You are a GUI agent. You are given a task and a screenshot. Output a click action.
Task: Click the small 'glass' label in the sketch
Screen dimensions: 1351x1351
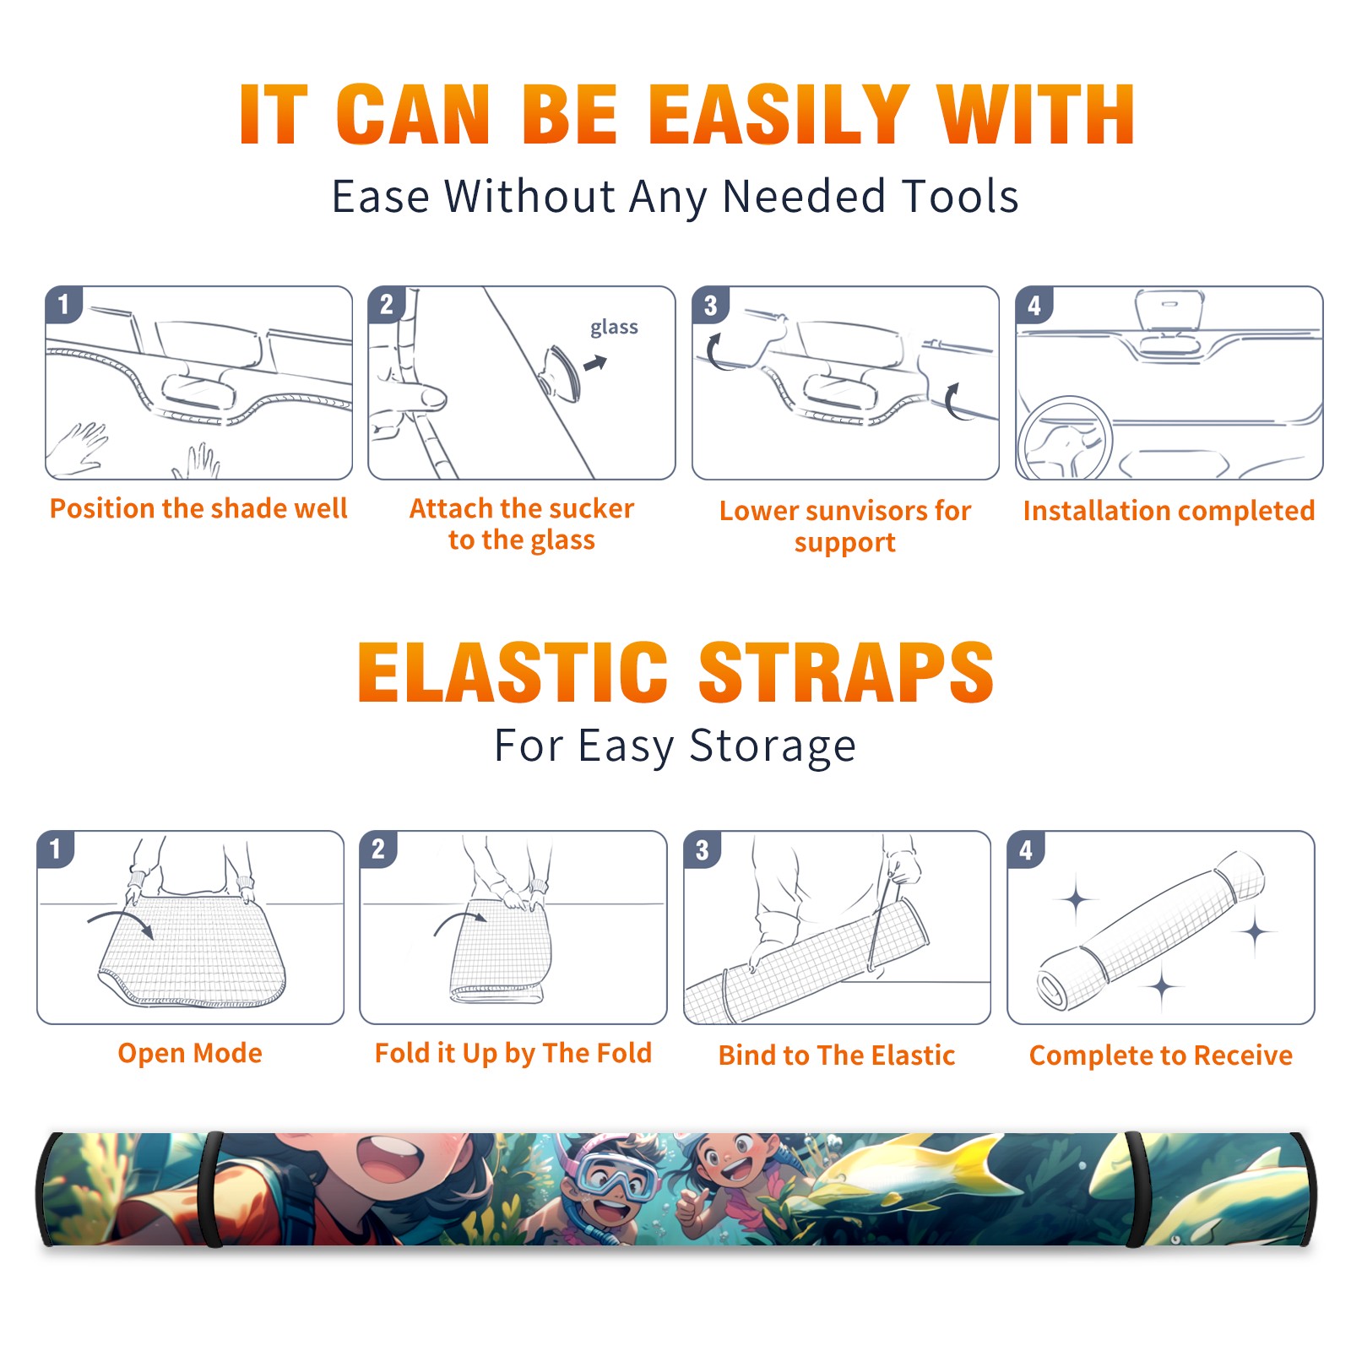coord(614,328)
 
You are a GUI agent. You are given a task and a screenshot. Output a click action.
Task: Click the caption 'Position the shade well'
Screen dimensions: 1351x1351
coord(198,508)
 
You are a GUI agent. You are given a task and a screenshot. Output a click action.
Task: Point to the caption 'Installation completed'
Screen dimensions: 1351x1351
coord(1169,511)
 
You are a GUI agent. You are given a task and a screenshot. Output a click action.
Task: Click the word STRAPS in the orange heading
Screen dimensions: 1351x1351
coord(846,672)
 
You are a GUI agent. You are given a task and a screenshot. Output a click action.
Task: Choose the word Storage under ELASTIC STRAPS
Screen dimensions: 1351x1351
coord(773,747)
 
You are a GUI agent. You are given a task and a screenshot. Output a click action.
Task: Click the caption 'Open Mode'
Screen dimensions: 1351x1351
coord(190,1053)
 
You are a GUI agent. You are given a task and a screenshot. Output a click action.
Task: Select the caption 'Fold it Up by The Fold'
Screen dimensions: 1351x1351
coord(513,1053)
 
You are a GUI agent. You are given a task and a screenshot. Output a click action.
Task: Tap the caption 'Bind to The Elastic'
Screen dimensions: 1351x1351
coord(837,1055)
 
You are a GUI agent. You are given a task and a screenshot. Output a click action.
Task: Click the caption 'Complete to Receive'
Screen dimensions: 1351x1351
coord(1161,1055)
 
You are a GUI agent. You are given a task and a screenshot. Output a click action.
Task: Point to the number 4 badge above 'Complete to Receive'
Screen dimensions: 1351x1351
coord(1026,849)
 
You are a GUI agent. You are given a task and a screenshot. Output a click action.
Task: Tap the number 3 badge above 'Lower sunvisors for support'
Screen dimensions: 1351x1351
coord(710,305)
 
